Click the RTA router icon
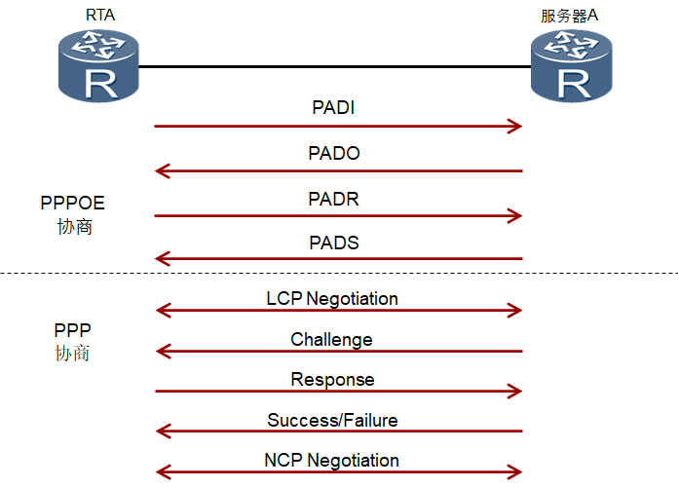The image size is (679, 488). pos(97,65)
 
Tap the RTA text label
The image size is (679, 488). pos(97,15)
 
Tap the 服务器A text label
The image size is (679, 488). pos(570,16)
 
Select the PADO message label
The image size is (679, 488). pos(334,153)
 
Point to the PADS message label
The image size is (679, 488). pos(334,243)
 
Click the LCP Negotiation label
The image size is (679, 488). pos(332,298)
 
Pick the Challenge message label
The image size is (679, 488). pos(331,340)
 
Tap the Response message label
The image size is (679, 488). pos(332,380)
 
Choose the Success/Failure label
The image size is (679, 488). pos(332,421)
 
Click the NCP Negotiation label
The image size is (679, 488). pos(331,460)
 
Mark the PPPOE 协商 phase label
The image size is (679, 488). pos(73,214)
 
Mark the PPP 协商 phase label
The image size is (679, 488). pos(73,341)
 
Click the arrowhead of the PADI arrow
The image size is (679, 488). pos(515,127)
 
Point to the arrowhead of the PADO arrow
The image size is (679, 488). pos(163,171)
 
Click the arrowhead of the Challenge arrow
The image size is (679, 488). pos(163,352)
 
